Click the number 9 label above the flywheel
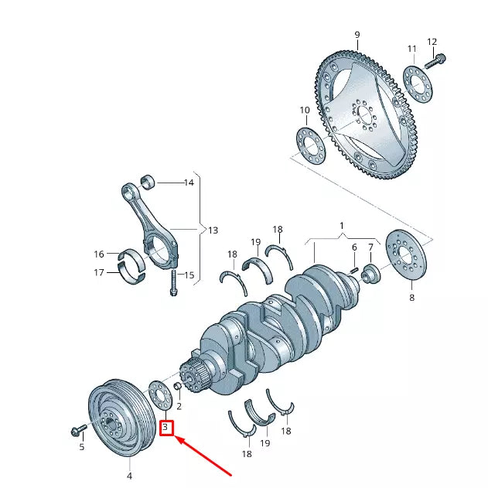[x=357, y=35]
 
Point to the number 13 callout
[x=213, y=230]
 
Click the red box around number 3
[x=166, y=427]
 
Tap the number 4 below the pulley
[x=129, y=476]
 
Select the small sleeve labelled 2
[x=178, y=387]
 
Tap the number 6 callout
[x=354, y=248]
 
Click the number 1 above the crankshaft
[x=340, y=225]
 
